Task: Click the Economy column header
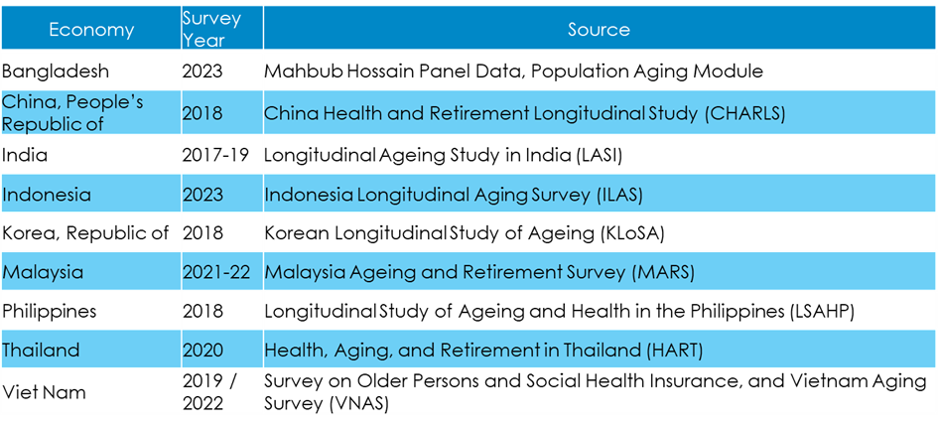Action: [91, 30]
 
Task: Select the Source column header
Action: [599, 30]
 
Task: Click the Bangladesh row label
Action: [57, 71]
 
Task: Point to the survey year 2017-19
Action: [220, 155]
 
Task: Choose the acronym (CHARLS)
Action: [745, 113]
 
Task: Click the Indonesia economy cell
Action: [47, 195]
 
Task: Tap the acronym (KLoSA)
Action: [631, 233]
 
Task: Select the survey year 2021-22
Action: [220, 272]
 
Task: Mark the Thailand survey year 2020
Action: [202, 351]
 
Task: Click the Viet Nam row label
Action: [45, 392]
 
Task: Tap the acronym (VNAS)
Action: [358, 403]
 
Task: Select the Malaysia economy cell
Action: [43, 272]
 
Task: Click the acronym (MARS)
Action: [663, 272]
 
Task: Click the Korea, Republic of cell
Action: [85, 233]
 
